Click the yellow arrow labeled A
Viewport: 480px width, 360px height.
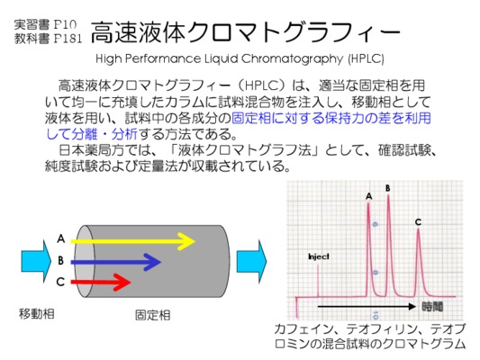[133, 241]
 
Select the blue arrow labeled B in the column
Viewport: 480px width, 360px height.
[115, 262]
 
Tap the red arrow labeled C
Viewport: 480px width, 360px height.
[101, 282]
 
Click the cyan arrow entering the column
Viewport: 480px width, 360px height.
[36, 262]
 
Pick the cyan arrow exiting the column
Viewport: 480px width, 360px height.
[251, 262]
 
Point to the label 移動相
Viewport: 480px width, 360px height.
[37, 314]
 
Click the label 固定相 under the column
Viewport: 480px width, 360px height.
[153, 315]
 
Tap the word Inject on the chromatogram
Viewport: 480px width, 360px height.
[319, 256]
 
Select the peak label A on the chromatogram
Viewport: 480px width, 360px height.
[369, 196]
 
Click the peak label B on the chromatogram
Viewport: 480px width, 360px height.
[388, 188]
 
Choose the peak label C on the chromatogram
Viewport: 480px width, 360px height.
[418, 222]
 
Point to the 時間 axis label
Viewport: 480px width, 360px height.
[432, 307]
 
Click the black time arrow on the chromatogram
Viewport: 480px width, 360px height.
[367, 307]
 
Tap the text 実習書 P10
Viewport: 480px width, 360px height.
[45, 25]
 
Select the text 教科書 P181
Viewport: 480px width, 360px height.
[48, 39]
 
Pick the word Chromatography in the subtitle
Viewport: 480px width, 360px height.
[292, 58]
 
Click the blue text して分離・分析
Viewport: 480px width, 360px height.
[92, 134]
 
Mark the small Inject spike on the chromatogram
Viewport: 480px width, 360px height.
[318, 281]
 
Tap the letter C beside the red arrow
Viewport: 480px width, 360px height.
[60, 282]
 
